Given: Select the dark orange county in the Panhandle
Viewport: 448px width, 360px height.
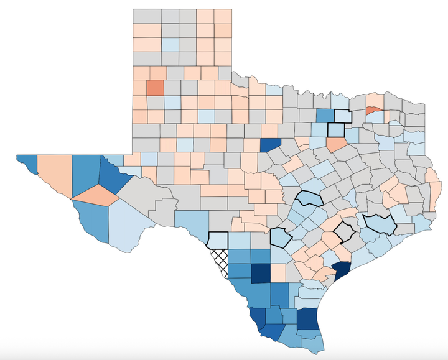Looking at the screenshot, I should (x=154, y=88).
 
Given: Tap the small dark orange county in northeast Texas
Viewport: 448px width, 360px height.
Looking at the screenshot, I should (x=373, y=110).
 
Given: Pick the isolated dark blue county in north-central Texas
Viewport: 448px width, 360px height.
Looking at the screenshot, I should (x=271, y=144).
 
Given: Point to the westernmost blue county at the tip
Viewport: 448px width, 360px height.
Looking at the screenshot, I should (x=28, y=163).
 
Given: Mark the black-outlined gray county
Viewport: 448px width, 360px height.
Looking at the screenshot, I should (x=343, y=231).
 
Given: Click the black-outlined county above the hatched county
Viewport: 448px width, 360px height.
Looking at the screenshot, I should (x=218, y=239).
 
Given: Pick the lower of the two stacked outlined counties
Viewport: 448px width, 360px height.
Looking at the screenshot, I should (x=336, y=130).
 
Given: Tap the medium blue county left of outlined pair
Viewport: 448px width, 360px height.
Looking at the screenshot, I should (x=324, y=116).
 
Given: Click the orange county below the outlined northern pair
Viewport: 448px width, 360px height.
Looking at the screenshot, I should (x=338, y=145).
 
